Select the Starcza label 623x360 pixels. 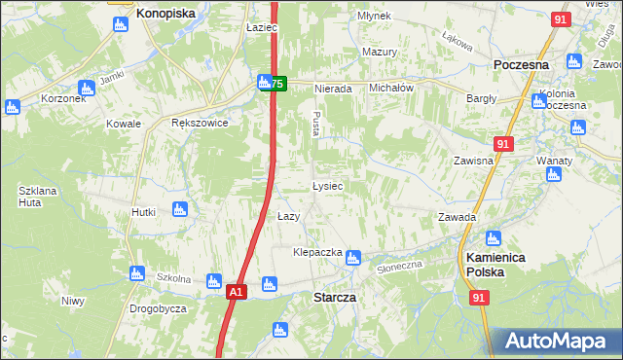[x=333, y=296]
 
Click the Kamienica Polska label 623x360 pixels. [x=495, y=265]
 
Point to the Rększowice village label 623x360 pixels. [x=199, y=124]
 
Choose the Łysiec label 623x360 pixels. [x=326, y=185]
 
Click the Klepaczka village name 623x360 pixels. [x=318, y=252]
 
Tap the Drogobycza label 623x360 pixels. [x=158, y=308]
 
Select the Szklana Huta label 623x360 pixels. [x=36, y=196]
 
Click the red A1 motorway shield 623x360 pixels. [x=236, y=291]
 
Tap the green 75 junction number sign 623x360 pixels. [x=277, y=85]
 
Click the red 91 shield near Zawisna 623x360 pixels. [x=502, y=144]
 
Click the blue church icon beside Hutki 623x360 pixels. [x=178, y=209]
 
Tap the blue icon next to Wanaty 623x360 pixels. [x=554, y=175]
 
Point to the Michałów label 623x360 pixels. [x=392, y=88]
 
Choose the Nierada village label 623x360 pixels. [x=332, y=89]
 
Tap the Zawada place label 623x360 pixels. [x=457, y=217]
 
